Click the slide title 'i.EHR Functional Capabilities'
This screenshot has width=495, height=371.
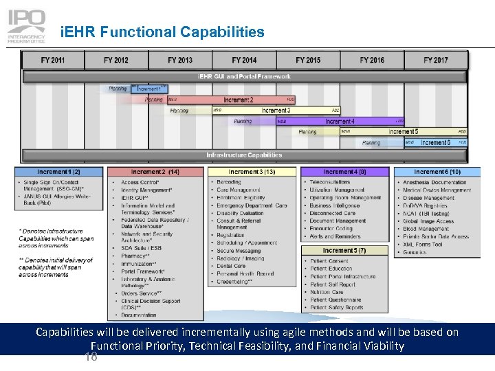162,32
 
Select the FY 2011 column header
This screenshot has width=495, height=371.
53,60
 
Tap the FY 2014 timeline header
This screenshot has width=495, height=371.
244,60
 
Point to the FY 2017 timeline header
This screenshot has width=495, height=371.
436,60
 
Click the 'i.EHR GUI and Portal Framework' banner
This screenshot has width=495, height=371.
245,76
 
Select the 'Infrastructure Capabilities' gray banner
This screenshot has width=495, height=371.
245,155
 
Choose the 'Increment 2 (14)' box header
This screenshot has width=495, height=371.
155,172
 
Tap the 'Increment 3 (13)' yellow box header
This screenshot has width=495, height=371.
252,172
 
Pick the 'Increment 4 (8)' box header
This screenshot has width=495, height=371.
345,172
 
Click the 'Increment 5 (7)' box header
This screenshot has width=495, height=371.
345,251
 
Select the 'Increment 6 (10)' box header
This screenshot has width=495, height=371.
437,172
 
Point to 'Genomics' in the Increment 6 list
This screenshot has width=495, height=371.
415,252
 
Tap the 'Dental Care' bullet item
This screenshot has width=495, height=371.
231,266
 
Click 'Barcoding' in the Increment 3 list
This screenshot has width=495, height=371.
229,183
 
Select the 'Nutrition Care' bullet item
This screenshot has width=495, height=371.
327,292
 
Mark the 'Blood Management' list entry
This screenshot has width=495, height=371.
426,229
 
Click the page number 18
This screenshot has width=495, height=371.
90,357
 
